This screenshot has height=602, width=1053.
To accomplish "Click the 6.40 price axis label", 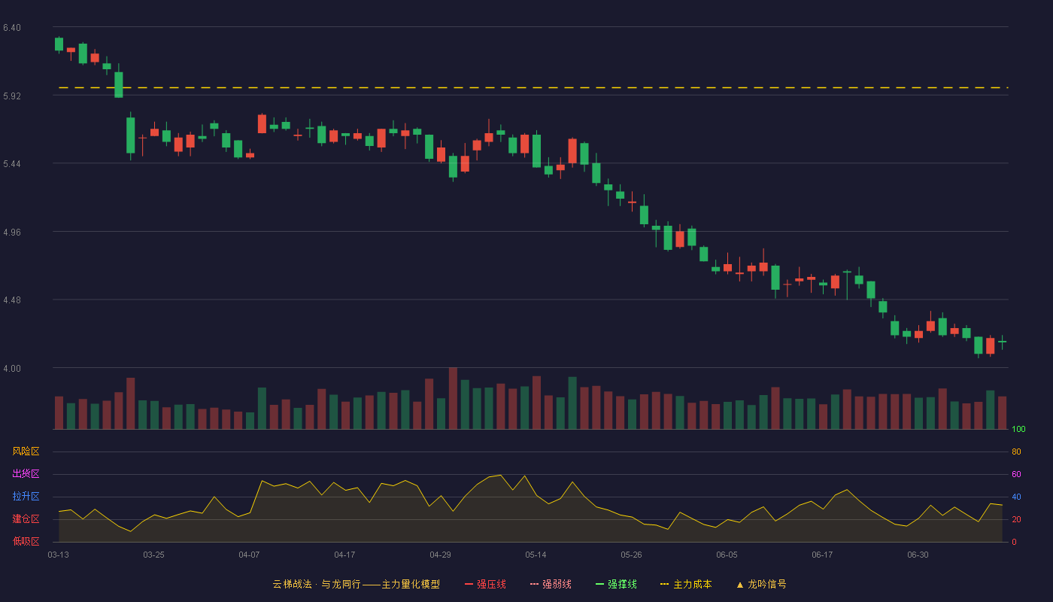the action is pos(12,28).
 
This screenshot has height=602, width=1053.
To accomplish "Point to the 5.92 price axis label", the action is pos(12,96).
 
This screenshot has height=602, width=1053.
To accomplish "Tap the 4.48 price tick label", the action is pos(12,300).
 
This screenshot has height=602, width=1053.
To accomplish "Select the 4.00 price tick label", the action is pos(12,368).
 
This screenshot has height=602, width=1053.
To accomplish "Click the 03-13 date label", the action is pos(59,555).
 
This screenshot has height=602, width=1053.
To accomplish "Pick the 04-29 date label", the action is pos(440,555).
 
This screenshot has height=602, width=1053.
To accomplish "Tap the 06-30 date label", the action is pos(918,555).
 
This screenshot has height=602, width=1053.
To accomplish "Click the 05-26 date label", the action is pos(631,555).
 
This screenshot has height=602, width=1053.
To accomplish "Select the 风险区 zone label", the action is pos(26,451).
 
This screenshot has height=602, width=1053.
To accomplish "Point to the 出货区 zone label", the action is pos(26,473).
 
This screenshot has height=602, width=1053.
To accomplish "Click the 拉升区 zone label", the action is pos(26,496).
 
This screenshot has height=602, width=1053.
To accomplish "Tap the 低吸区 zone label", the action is pos(26,541).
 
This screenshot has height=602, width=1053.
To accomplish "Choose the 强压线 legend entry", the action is pos(485,584).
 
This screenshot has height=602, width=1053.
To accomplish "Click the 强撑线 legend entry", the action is pos(616,584).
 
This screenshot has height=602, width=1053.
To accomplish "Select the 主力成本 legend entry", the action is pos(686,584).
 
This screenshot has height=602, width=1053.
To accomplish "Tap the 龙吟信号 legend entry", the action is pos(761,584).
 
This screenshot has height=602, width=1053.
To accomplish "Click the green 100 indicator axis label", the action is pos(1018,429).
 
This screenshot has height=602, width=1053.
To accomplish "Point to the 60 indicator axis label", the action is pos(1016,474).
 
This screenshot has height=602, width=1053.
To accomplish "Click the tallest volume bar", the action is pos(453,398).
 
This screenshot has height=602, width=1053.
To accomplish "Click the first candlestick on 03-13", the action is pos(59,44).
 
